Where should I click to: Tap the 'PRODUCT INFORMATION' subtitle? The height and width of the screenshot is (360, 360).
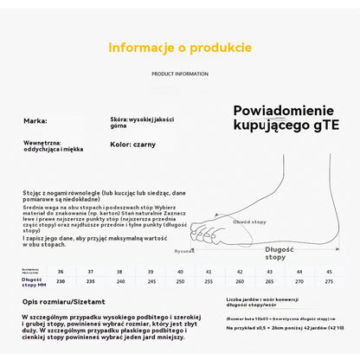click(x=180, y=74)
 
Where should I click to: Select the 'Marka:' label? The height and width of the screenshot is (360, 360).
click(x=35, y=121)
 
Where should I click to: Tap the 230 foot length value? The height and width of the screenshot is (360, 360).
click(x=60, y=280)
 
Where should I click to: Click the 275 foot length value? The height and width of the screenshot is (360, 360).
click(x=328, y=280)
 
